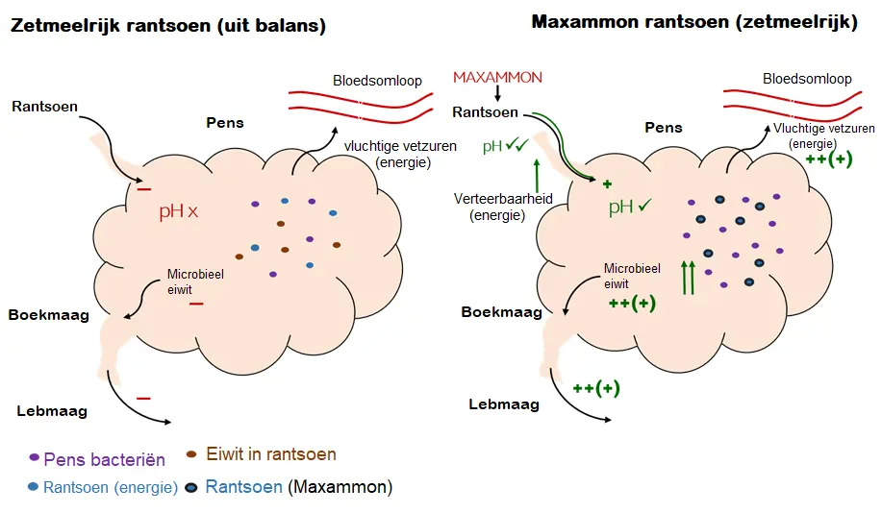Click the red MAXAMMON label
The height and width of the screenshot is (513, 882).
coord(497,77)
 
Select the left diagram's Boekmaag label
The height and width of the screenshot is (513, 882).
coord(49,314)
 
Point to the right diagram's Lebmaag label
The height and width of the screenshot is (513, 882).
coord(504,404)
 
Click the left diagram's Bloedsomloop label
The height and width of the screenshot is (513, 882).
coord(377,82)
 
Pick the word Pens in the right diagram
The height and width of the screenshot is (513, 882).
coord(664,127)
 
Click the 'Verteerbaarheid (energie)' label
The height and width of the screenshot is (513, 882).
coord(497,207)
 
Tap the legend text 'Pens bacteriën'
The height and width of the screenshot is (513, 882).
coord(105,460)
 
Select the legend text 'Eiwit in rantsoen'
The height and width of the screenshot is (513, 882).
coord(271,454)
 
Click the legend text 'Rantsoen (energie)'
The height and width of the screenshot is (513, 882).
coord(111,487)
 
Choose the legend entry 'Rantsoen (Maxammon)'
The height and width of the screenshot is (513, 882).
coord(299,487)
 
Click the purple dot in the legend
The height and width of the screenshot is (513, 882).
coord(35,458)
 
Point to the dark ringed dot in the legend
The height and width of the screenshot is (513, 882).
coord(191,487)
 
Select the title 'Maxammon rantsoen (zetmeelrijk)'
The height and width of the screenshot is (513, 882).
coord(693,22)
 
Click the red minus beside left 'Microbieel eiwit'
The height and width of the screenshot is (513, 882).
coord(196,304)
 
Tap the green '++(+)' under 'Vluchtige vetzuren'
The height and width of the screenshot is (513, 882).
coord(829,159)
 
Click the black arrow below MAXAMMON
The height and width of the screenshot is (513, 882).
coord(498,93)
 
